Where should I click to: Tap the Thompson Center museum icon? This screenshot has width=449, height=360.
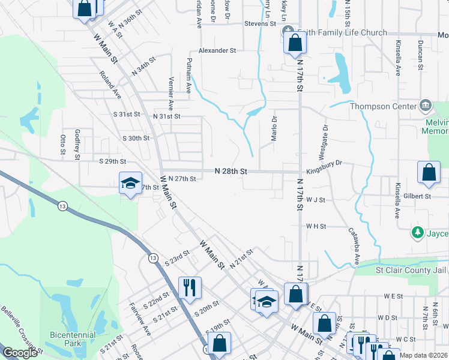point(426,106)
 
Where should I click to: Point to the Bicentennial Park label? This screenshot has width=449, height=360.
point(64,339)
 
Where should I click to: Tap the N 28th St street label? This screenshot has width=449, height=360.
point(231,172)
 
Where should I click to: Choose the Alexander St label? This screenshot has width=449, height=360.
point(218,51)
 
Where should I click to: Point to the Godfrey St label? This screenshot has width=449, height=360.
point(77,145)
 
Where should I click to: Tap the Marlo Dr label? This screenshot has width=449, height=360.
point(274,128)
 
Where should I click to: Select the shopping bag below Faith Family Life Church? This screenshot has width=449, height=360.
point(295,43)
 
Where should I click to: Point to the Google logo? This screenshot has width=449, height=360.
point(20,353)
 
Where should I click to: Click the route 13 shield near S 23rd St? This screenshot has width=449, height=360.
point(153,258)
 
